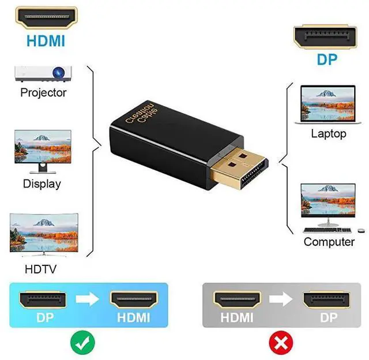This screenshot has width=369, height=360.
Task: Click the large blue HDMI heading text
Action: (45, 40)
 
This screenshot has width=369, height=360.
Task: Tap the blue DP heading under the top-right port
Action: (326, 59)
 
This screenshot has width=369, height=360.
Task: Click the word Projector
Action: (43, 93)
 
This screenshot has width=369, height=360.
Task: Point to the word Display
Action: (42, 184)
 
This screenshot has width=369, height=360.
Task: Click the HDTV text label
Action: (41, 268)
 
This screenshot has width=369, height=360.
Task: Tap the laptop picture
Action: (327, 103)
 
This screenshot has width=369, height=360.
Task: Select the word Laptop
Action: (328, 134)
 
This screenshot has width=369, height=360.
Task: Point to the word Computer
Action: (329, 242)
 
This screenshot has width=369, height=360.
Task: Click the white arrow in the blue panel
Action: (88, 299)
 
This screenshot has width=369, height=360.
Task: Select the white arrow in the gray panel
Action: (281, 299)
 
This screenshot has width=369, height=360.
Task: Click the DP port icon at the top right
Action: (326, 37)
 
